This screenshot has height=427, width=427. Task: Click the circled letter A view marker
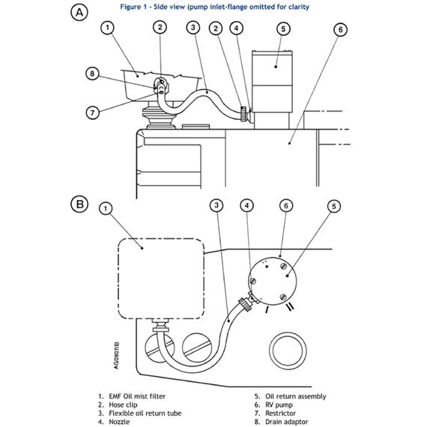coord(79,13)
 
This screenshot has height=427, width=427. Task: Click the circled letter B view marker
coord(79,204)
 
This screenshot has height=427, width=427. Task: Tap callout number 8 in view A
coord(92,73)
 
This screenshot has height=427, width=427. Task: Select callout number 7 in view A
coord(93,112)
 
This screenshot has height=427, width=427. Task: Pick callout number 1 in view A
coord(108,28)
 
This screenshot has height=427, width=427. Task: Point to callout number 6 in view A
coord(340,29)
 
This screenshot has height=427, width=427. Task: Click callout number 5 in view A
coord(283,29)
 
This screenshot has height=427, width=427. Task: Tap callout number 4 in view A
coord(237,28)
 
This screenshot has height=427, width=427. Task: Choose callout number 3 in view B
coord(216,205)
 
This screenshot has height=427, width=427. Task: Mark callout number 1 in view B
coord(106,208)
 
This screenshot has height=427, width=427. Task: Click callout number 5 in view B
coord(334,206)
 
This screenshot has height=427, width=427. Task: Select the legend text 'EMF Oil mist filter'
coord(137,396)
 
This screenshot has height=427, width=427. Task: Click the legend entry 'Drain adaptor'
coord(286,422)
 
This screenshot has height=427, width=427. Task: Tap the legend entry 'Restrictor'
coord(280,414)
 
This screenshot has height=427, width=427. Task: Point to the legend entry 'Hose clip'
coord(123,405)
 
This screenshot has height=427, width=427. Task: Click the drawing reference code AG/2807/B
coord(116,355)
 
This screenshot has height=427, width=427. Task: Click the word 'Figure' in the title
coord(130,7)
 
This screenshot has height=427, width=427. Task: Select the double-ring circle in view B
coord(288,351)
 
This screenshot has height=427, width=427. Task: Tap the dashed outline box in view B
coord(161,279)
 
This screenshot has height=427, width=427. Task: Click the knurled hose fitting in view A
coord(244,114)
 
